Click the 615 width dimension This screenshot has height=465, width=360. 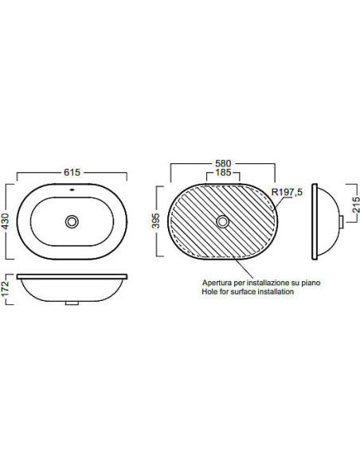point(72,172)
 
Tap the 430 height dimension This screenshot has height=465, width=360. point(6,221)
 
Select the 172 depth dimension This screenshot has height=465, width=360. point(6,289)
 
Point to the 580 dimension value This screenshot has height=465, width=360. point(223,163)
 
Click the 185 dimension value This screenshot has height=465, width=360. point(223,172)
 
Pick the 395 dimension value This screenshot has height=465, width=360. point(155,221)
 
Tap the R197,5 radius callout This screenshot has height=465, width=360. point(287,192)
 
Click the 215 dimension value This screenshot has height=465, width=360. point(356,205)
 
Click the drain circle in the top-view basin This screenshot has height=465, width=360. point(72,221)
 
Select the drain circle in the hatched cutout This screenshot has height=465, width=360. point(222,221)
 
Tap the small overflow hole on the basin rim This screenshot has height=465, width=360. point(72,189)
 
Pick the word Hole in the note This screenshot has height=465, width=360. point(209,291)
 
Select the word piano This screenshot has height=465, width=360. point(311,283)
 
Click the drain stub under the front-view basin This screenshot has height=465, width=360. point(72,303)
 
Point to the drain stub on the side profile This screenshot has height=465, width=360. point(342,222)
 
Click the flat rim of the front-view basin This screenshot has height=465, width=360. point(72,276)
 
